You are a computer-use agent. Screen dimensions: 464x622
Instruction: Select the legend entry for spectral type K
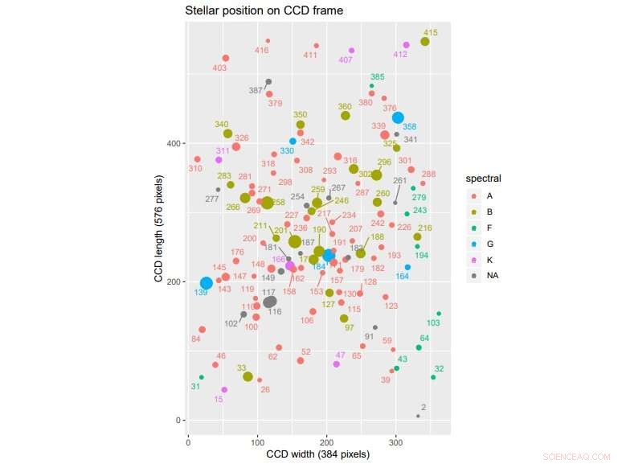coord(473,260)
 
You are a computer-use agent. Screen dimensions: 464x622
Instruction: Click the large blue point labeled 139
coord(207,283)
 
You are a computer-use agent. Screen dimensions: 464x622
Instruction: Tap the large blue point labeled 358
coord(398,117)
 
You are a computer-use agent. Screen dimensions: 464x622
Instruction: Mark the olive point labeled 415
coord(425,42)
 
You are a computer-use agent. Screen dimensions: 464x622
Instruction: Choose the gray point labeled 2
coord(418,416)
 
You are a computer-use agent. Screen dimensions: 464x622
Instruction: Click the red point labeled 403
coord(226,58)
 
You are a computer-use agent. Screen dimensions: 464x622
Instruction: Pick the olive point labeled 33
coord(248,377)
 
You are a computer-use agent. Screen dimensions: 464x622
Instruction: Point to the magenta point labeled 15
coord(224,390)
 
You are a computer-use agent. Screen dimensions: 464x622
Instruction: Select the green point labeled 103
coord(439,314)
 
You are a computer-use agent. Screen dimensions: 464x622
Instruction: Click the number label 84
coord(195,339)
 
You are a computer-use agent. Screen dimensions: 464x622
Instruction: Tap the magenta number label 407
coord(346,60)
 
